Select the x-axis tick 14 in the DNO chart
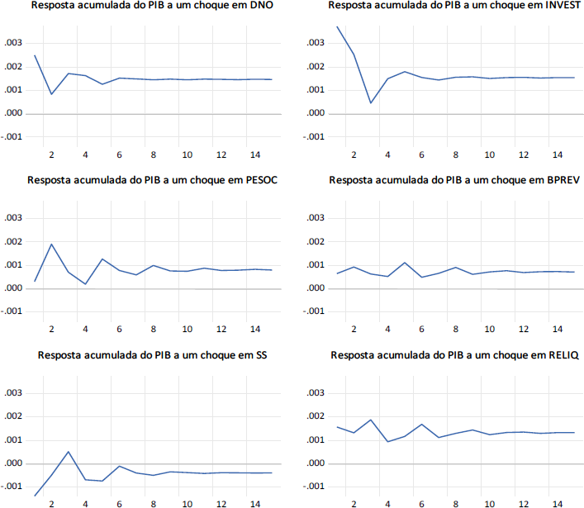click(x=255, y=154)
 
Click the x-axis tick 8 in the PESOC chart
click(x=154, y=330)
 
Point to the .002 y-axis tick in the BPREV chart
click(x=316, y=241)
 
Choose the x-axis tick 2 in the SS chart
click(x=51, y=504)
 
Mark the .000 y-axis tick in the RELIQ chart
click(x=316, y=463)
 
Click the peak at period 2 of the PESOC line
click(x=51, y=244)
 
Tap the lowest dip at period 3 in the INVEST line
click(x=370, y=103)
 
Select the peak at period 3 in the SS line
click(x=69, y=452)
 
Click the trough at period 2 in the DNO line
click(x=51, y=94)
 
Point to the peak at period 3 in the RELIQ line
click(x=370, y=420)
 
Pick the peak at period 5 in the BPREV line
click(x=405, y=263)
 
